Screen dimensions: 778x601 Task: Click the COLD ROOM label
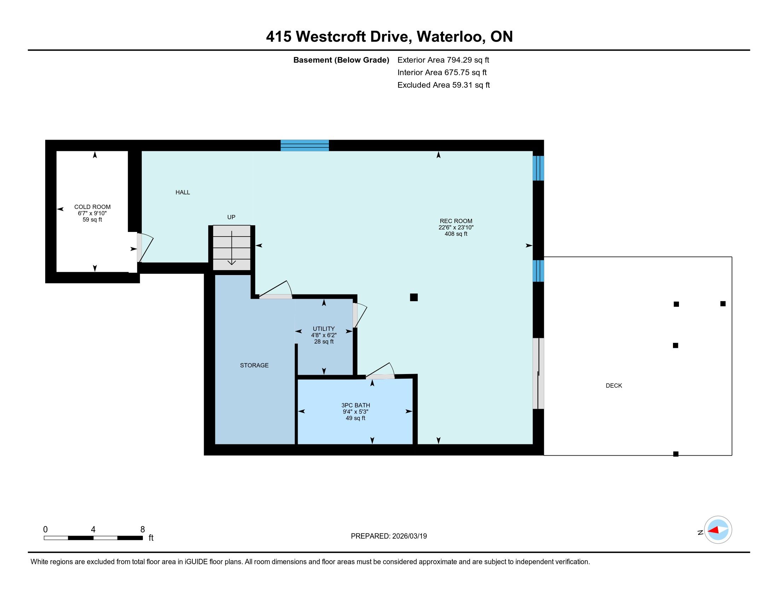(92, 207)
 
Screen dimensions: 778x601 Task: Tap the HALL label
(183, 192)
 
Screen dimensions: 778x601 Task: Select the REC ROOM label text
(456, 221)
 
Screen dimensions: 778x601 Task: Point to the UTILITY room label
(324, 329)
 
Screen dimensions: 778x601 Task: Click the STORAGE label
(254, 365)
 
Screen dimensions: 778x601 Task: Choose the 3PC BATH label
(355, 405)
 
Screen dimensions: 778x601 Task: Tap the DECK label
(614, 386)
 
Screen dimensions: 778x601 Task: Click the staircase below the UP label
(232, 248)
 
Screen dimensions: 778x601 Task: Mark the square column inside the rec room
(414, 297)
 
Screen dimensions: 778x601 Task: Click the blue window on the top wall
(304, 146)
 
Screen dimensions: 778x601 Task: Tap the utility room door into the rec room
(359, 315)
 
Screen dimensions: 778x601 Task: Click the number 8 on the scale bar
(143, 529)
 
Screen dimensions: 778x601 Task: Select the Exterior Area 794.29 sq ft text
(443, 60)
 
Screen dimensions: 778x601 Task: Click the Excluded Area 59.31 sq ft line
(443, 85)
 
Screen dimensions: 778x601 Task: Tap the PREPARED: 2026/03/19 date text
(389, 536)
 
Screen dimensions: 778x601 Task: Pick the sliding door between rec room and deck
(538, 373)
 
